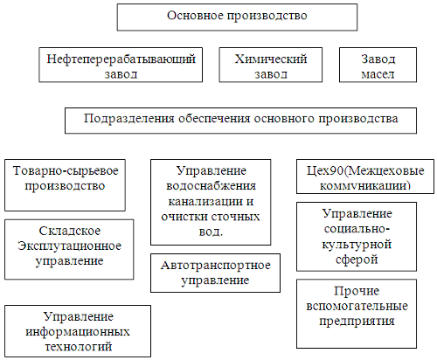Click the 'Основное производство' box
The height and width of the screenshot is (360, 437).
[237, 17]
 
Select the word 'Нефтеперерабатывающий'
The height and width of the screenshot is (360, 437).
[121, 59]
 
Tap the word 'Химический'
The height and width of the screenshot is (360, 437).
[271, 59]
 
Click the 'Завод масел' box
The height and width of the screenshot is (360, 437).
[378, 65]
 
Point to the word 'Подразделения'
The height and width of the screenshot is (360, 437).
[128, 119]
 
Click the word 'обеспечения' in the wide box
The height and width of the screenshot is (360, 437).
[214, 119]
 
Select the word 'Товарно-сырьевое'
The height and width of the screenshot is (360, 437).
[66, 171]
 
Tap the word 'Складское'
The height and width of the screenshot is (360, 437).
[70, 231]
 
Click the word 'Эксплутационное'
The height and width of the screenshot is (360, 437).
[69, 246]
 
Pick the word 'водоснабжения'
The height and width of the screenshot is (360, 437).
[211, 186]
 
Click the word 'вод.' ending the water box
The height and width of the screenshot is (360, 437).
[211, 232]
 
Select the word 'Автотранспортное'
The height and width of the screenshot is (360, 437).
[216, 266]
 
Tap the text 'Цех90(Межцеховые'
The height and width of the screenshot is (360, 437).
[365, 171]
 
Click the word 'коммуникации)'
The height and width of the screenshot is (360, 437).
[365, 185]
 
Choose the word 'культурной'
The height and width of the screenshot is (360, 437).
[357, 245]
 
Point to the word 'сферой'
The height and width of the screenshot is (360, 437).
[357, 260]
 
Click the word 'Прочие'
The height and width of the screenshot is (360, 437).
[357, 291]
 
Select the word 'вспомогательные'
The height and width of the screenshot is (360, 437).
[357, 306]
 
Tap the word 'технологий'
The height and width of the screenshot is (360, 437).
[78, 347]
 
